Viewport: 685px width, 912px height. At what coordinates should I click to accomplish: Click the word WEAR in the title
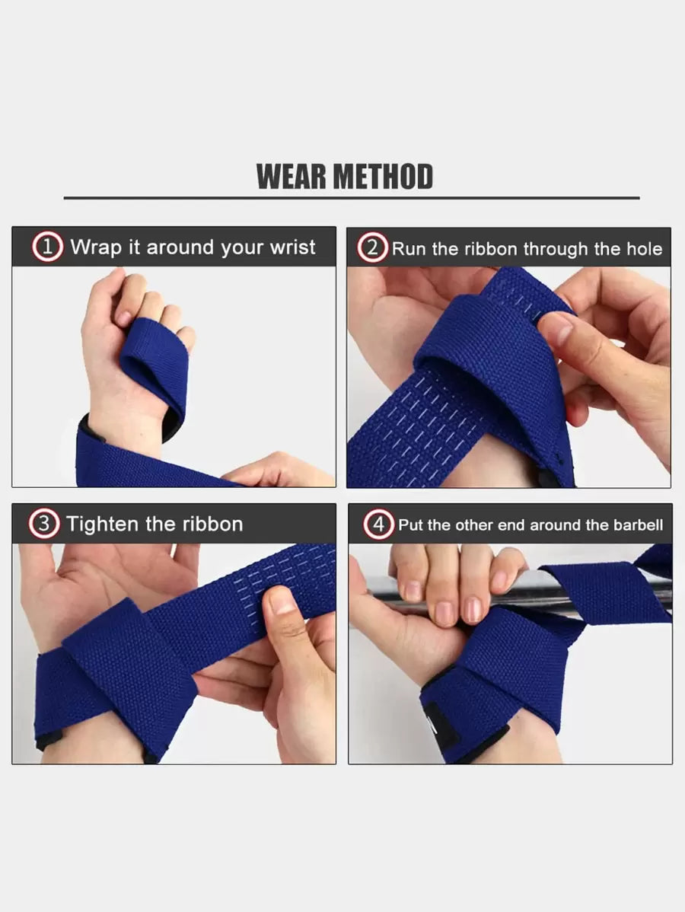292,177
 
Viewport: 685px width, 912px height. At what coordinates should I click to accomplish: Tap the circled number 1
48,247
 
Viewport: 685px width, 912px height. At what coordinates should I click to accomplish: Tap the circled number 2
372,247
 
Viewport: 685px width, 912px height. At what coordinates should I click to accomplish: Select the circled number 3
43,524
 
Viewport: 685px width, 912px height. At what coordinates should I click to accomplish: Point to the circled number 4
378,525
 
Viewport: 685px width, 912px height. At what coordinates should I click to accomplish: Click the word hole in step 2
645,249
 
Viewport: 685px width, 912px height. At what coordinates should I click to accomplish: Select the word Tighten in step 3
102,524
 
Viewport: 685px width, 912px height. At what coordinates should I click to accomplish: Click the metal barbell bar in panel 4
524,593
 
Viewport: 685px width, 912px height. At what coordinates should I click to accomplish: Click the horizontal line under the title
351,199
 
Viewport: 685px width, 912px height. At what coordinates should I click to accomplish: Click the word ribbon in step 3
213,524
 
